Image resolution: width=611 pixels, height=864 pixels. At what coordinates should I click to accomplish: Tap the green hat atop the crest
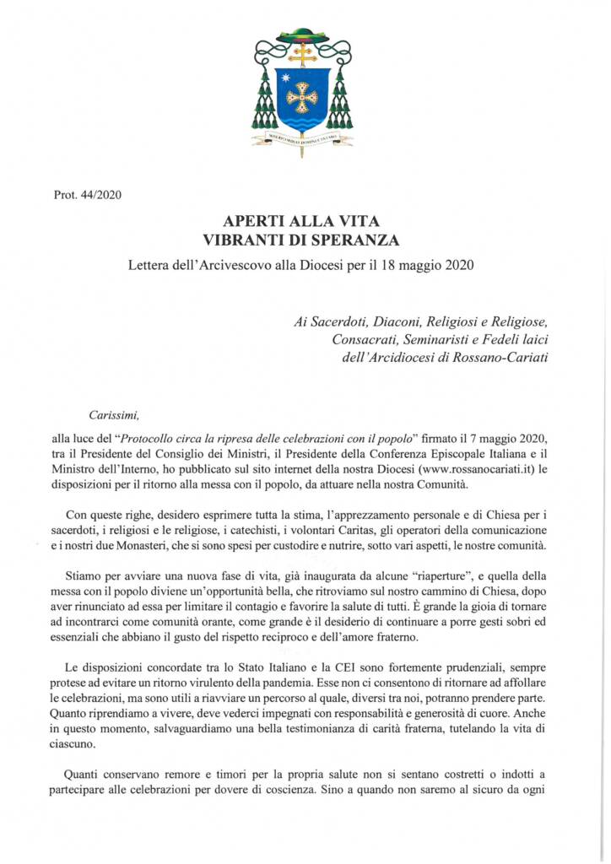[302, 35]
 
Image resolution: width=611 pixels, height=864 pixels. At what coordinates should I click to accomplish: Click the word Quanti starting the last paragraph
[84, 773]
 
